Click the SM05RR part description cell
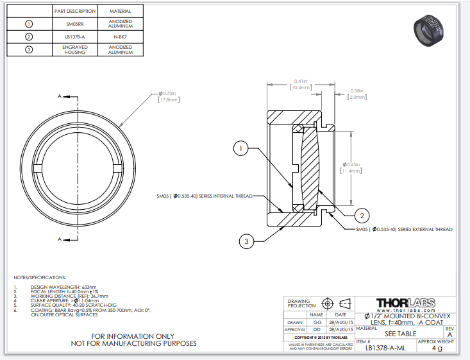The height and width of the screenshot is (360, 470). (x=74, y=24)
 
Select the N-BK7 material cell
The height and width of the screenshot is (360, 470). (x=121, y=37)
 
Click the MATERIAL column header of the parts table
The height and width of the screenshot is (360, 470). (x=121, y=12)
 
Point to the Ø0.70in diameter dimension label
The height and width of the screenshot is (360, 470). (x=169, y=94)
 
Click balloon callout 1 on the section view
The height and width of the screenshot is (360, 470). (x=240, y=148)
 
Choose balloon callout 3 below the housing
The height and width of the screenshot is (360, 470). (x=248, y=241)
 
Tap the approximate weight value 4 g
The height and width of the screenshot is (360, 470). (x=437, y=348)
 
